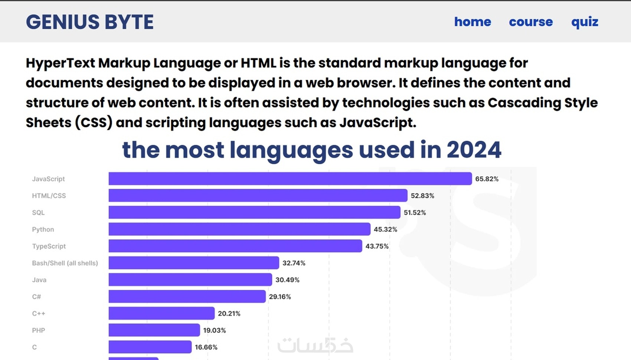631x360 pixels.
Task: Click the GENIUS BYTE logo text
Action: pyautogui.click(x=89, y=22)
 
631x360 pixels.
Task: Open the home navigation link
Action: pyautogui.click(x=473, y=22)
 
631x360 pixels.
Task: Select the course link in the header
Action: pyautogui.click(x=531, y=22)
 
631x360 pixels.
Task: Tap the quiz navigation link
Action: pyautogui.click(x=585, y=22)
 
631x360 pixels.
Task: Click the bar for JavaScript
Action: pyautogui.click(x=290, y=179)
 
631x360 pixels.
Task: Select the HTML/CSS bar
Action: pyautogui.click(x=258, y=196)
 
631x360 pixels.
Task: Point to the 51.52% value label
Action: pyautogui.click(x=415, y=213)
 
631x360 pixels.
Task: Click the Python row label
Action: pyautogui.click(x=43, y=229)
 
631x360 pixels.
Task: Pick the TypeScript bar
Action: pyautogui.click(x=235, y=246)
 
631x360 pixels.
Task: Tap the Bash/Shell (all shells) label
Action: pyautogui.click(x=65, y=263)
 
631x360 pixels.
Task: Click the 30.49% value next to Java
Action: pyautogui.click(x=287, y=280)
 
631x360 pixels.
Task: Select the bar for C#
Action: pyautogui.click(x=187, y=297)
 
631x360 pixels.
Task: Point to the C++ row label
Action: pyautogui.click(x=39, y=314)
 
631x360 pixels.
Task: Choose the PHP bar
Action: pyautogui.click(x=154, y=330)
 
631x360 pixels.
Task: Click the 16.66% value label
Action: pyautogui.click(x=206, y=347)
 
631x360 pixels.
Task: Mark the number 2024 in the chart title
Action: pyautogui.click(x=474, y=150)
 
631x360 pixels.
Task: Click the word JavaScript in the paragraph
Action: pyautogui.click(x=377, y=122)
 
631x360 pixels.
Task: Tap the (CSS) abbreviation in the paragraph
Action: pyautogui.click(x=94, y=122)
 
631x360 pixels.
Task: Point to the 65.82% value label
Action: pyautogui.click(x=487, y=179)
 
